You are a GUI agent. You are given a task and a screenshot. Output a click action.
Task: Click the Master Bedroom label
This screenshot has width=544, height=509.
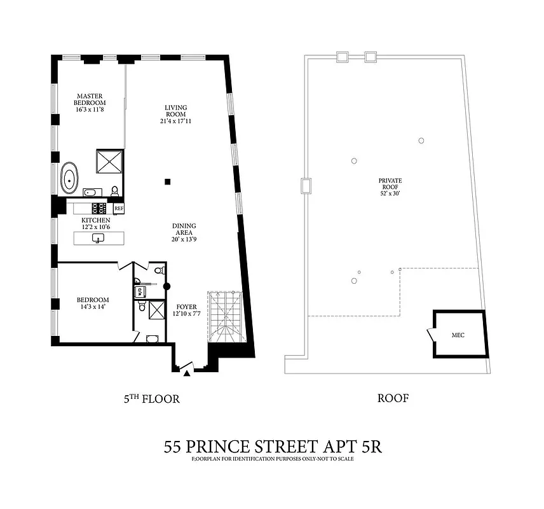89,102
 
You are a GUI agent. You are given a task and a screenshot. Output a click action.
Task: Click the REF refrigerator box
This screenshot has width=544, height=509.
118,208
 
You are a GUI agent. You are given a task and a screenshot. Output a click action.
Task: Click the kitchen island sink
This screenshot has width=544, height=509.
99,238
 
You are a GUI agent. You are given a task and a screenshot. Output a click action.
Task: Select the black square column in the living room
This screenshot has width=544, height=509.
167,182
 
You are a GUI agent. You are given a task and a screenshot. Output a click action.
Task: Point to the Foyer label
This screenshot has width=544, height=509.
187,311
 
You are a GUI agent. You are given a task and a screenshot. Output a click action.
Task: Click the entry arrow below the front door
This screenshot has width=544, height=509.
186,374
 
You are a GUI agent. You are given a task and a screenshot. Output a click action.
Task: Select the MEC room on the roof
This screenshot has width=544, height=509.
459,333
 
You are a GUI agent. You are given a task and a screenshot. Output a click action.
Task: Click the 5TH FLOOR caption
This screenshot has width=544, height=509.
152,400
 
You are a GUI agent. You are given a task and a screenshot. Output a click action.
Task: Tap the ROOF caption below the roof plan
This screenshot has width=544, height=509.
393,399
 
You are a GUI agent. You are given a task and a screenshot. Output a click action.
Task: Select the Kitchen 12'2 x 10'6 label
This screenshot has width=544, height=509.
95,223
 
